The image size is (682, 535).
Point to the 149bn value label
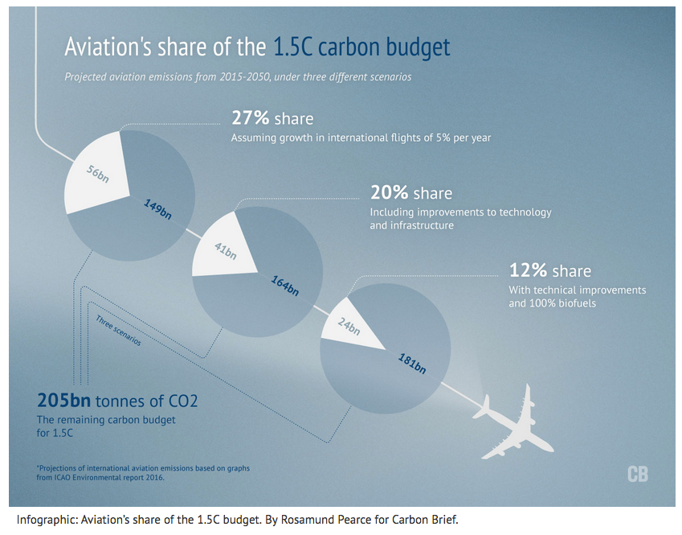pyautogui.click(x=157, y=209)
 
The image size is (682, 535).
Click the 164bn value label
pyautogui.click(x=285, y=286)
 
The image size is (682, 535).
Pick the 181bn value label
pyautogui.click(x=412, y=364)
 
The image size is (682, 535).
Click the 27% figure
pyautogui.click(x=251, y=118)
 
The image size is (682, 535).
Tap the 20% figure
pyautogui.click(x=390, y=192)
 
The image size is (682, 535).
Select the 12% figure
pyautogui.click(x=528, y=270)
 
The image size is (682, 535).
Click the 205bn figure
pyautogui.click(x=64, y=401)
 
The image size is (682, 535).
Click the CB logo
pyautogui.click(x=638, y=475)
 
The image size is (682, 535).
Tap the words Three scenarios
pyautogui.click(x=118, y=330)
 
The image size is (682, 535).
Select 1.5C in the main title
pyautogui.click(x=293, y=47)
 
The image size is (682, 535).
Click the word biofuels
pyautogui.click(x=577, y=303)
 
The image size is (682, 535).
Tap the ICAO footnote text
pyautogui.click(x=143, y=473)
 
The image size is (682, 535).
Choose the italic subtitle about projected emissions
pyautogui.click(x=238, y=77)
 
